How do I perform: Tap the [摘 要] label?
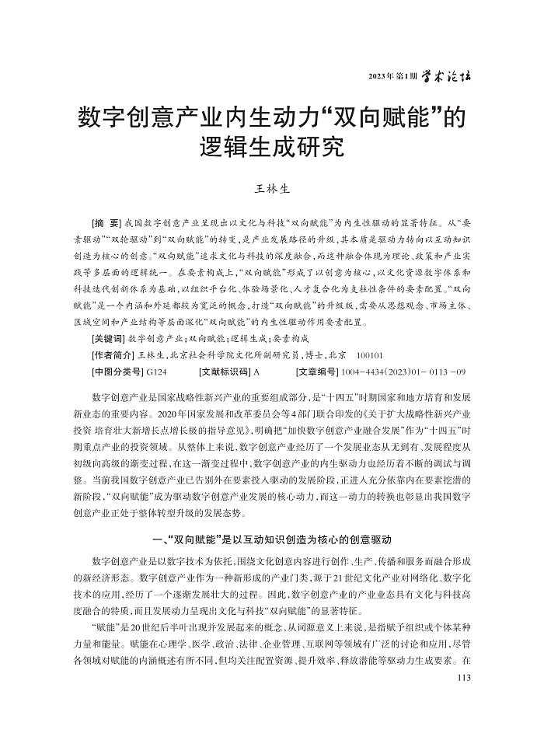tap(106, 222)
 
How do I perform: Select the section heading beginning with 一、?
tap(272, 539)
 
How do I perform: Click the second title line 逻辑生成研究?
tap(272, 147)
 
